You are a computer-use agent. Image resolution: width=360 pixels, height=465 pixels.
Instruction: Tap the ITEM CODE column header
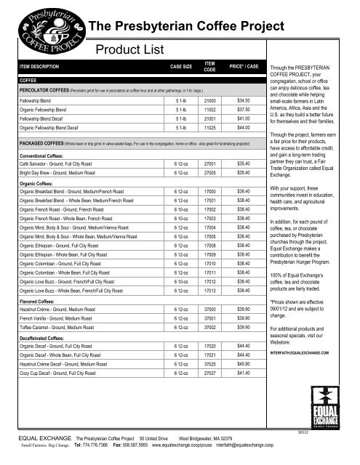point(209,66)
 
